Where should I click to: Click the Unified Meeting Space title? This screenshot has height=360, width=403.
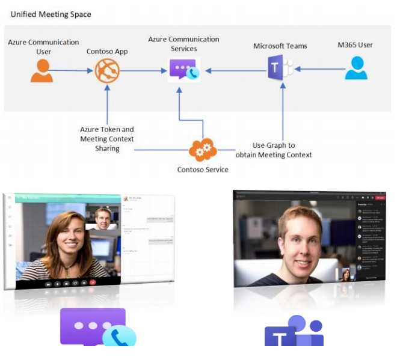click(51, 13)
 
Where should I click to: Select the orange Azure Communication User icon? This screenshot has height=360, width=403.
click(42, 70)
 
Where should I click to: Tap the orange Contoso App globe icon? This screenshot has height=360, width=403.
click(107, 71)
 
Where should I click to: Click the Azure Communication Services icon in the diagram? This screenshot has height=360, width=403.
click(183, 70)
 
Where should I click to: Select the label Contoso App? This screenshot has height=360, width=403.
click(107, 52)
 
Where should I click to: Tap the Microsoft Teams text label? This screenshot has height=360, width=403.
click(280, 46)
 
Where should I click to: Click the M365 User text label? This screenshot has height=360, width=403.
click(355, 45)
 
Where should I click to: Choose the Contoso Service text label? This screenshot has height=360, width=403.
click(203, 169)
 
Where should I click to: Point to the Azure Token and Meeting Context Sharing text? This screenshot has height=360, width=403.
click(107, 139)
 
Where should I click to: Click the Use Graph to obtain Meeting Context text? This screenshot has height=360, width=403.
click(282, 150)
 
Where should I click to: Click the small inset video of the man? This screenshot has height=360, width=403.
click(103, 218)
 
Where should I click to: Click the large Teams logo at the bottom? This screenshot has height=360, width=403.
click(294, 331)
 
